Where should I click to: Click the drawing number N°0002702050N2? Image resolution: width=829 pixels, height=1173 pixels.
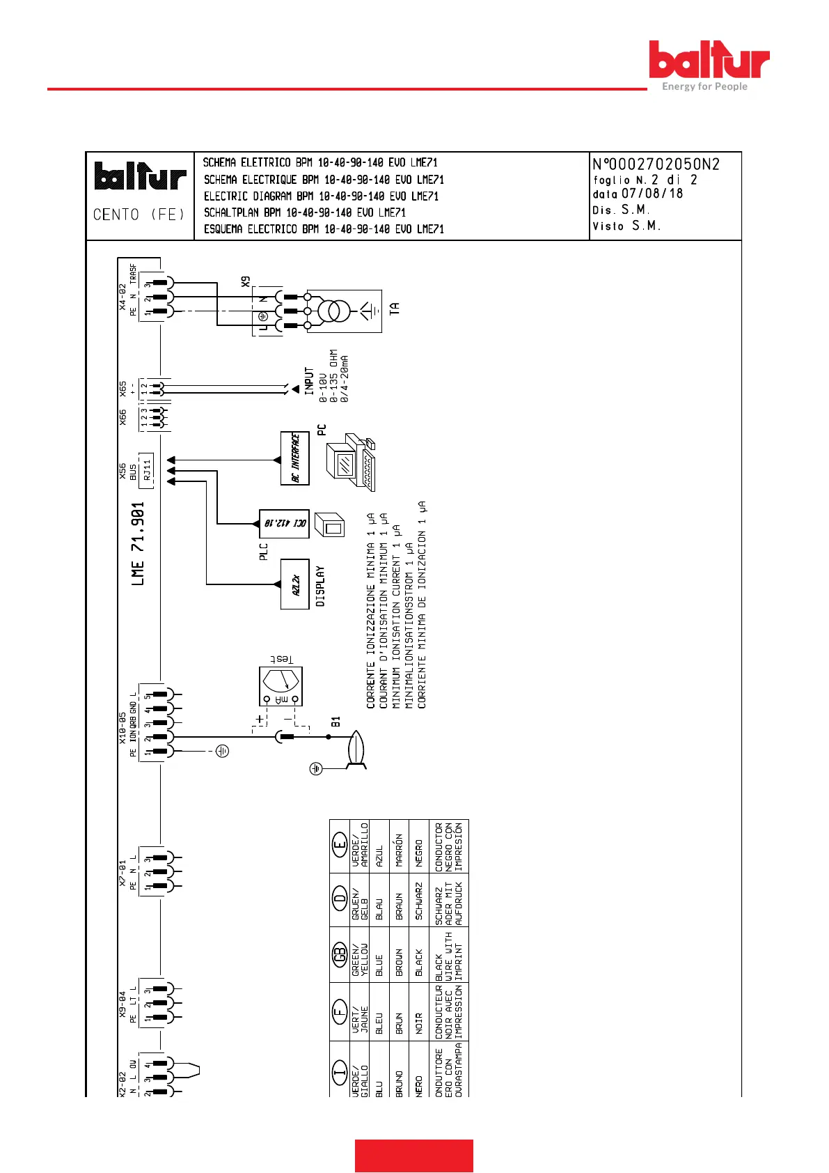point(656,164)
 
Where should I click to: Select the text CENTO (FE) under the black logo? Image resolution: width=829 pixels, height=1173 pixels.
point(139,215)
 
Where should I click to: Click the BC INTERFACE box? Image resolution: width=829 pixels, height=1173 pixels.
point(295,458)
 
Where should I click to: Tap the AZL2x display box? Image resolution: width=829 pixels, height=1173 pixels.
point(295,584)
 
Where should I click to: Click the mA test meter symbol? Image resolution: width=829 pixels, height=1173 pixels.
point(281,686)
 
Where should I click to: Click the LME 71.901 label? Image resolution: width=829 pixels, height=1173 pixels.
point(138,543)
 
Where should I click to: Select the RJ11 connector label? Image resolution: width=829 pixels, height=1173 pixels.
point(146,470)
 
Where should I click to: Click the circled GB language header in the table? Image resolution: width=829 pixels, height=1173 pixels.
point(339,954)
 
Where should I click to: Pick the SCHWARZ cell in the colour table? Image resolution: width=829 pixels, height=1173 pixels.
point(418,901)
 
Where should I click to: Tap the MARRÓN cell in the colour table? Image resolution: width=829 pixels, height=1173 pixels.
point(399,850)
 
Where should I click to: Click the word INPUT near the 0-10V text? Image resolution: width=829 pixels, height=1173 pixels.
point(309,381)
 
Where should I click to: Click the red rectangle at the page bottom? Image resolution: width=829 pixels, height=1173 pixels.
point(413,1155)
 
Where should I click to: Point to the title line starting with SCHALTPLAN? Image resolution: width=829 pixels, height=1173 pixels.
point(305,212)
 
